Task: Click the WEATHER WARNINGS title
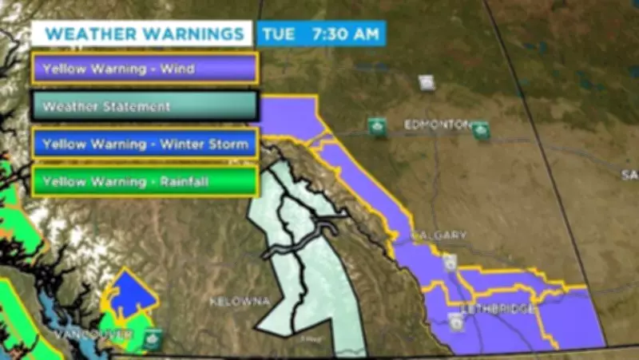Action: coord(144,34)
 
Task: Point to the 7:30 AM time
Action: coord(346,34)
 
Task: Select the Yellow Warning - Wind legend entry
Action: coord(145,69)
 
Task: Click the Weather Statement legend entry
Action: coord(145,105)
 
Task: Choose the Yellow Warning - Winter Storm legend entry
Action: coord(145,144)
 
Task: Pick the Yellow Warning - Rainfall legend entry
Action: coord(145,182)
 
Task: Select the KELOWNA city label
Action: coord(240,302)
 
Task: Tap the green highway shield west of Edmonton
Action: coord(377,126)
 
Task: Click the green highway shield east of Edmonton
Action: coord(480,129)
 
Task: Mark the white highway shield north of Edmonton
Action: coord(427,82)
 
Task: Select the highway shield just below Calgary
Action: coord(451,262)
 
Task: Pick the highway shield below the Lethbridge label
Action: coord(455,322)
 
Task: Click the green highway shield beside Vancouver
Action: coord(152,339)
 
